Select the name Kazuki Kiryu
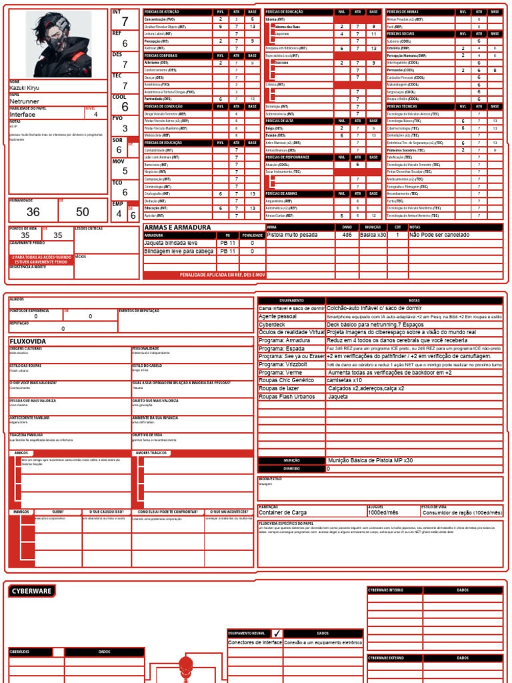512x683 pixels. click(25, 88)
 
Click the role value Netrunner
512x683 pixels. click(25, 101)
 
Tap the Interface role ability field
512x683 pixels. click(23, 114)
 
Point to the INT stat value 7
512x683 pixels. click(125, 23)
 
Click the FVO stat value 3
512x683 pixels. click(125, 128)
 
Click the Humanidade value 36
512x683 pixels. click(33, 212)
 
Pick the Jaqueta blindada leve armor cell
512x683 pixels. click(171, 243)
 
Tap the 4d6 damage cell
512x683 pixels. click(347, 235)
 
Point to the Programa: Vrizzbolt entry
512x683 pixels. click(284, 365)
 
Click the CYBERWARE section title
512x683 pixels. click(32, 592)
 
